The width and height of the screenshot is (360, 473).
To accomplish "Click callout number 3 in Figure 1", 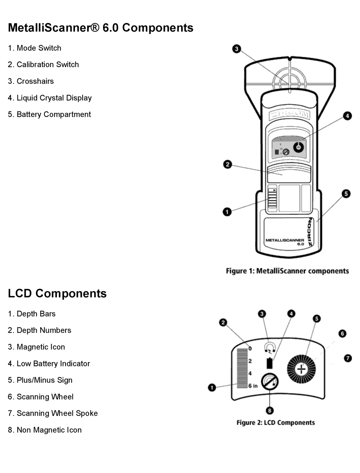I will (x=236, y=49).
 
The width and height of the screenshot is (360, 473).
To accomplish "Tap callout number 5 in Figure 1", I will (x=346, y=194).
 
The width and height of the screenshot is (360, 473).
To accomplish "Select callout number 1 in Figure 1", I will (x=227, y=212).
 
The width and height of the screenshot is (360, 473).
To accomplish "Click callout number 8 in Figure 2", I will (x=270, y=410).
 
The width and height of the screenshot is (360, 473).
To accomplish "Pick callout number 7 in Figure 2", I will (x=347, y=358).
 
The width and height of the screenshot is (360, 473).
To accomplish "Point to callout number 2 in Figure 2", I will (x=223, y=323).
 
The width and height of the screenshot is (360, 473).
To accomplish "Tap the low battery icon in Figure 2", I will (x=270, y=363).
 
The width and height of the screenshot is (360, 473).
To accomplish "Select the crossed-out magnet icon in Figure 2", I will (x=270, y=382).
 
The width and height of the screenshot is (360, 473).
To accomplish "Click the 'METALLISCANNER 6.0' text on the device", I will (x=285, y=242).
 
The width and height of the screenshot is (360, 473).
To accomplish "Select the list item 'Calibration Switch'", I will (x=43, y=64).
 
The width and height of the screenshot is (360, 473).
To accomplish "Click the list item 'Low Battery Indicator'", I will (x=49, y=363).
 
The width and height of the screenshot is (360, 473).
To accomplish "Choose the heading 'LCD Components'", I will (x=57, y=293).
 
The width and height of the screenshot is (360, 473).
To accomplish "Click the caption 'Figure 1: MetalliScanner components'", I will (x=287, y=271).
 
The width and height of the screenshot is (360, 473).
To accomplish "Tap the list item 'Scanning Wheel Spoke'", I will (x=53, y=413).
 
